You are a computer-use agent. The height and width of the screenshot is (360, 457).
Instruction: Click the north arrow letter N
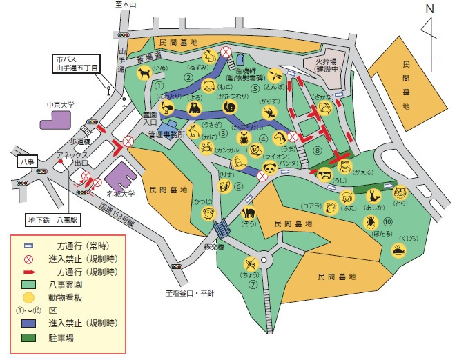point(429,10)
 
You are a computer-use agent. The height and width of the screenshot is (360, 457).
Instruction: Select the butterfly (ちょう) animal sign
point(250,263)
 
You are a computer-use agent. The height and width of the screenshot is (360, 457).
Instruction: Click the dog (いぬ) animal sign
point(144,72)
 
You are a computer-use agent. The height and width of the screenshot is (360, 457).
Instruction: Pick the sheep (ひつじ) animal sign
point(208,213)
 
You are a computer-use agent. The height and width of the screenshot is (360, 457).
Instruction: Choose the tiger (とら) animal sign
point(399,192)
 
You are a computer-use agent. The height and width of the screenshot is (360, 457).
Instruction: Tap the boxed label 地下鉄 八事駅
point(54,221)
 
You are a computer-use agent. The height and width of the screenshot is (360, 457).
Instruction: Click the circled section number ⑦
point(253,283)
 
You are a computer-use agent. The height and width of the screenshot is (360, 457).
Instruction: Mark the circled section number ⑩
point(389,221)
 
